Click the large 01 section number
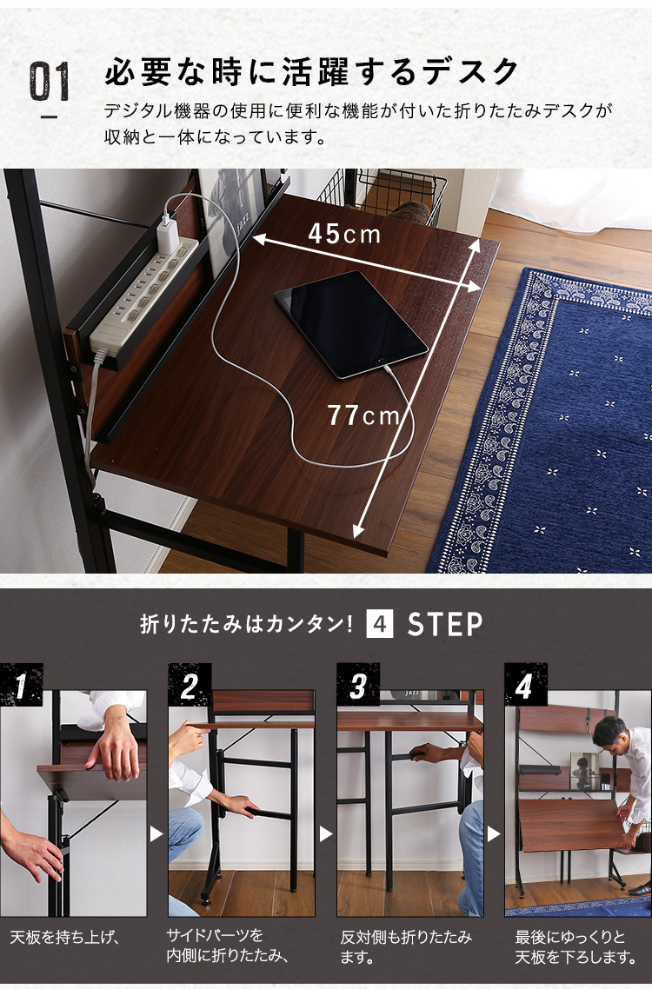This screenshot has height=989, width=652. pyautogui.click(x=50, y=82)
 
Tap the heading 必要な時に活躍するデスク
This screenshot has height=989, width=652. pyautogui.click(x=312, y=71)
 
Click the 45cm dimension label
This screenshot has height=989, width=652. pyautogui.click(x=344, y=235)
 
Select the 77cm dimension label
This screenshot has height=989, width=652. pyautogui.click(x=363, y=415)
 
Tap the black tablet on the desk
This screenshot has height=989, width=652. pyautogui.click(x=351, y=323)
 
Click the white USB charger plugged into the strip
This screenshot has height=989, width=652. pyautogui.click(x=170, y=234)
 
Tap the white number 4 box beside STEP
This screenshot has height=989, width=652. pyautogui.click(x=380, y=625)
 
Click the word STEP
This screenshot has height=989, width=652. pyautogui.click(x=444, y=625)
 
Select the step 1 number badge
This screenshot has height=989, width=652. pyautogui.click(x=22, y=685)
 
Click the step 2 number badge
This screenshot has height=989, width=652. pyautogui.click(x=190, y=685)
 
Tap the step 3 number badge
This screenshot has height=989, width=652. pyautogui.click(x=358, y=685)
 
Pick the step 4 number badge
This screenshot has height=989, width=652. pyautogui.click(x=525, y=685)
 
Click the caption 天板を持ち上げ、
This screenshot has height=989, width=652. pyautogui.click(x=65, y=937)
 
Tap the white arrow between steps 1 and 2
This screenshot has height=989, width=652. pyautogui.click(x=156, y=834)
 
